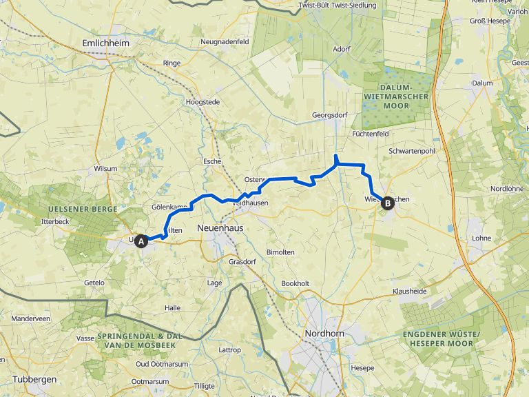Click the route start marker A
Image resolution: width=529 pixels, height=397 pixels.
pos(141,241)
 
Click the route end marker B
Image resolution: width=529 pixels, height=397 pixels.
pos(387,203)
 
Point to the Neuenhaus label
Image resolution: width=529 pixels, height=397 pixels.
pos(220,227)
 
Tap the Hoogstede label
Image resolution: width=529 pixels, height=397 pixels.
pos(203,102)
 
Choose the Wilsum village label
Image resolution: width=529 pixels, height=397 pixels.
pos(107,168)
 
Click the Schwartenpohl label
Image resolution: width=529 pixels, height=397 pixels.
pos(412,151)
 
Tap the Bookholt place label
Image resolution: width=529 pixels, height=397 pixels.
pos(295,283)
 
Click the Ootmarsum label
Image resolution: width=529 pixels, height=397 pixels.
pos(150,381)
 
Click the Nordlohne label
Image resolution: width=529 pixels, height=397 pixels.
pos(507,189)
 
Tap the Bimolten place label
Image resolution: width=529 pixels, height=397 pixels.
pos(280,252)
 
